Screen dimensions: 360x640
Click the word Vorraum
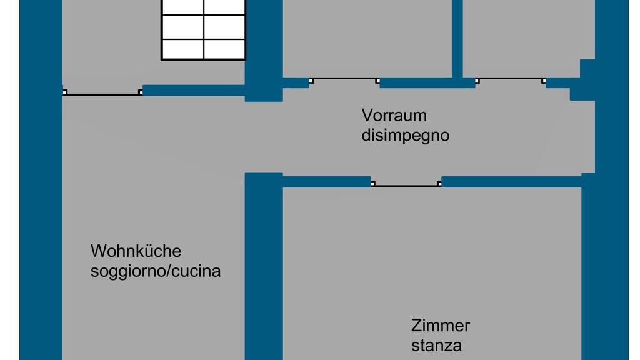click(394, 116)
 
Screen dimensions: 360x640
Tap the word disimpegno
click(405, 136)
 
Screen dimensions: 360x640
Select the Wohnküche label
click(136, 251)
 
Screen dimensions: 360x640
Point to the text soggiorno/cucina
click(155, 272)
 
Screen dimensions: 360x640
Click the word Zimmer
click(440, 326)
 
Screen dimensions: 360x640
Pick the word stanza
click(436, 346)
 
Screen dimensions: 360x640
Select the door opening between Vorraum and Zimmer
click(406, 184)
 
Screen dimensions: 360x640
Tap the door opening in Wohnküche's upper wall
click(102, 93)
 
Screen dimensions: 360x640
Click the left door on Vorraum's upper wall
click(344, 81)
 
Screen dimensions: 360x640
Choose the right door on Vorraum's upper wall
click(511, 81)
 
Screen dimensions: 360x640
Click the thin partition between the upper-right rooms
click(457, 37)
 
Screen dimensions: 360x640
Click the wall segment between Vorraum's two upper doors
click(427, 82)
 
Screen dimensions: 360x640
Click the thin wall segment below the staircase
click(194, 90)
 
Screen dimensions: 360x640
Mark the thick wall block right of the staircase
click(263, 50)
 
